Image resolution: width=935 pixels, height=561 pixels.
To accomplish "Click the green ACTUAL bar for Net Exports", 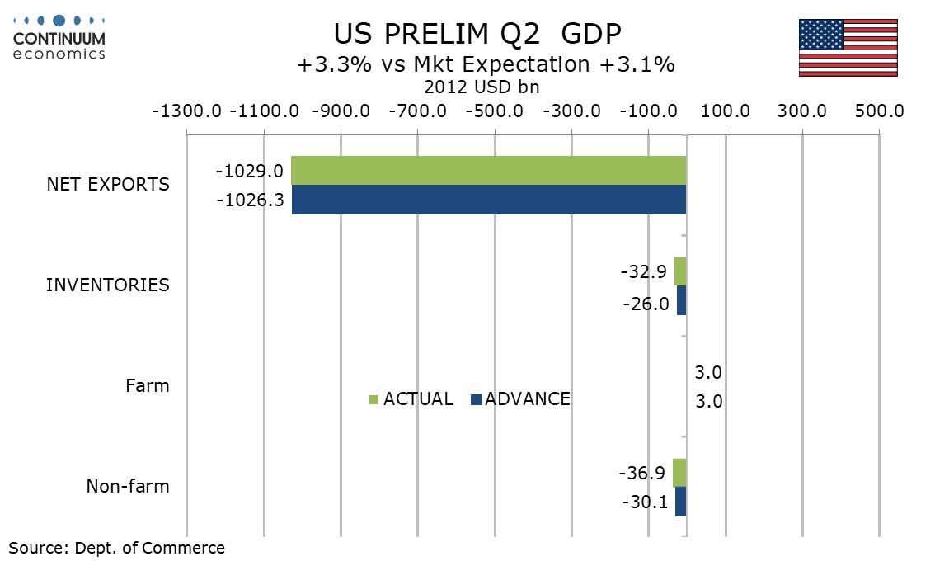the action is click(488, 171).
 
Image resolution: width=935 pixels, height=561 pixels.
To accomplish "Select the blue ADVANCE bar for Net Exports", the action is click(489, 200).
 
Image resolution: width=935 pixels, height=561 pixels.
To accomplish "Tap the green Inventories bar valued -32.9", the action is click(680, 271).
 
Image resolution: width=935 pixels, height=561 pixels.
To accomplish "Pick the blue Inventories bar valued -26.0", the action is click(682, 300).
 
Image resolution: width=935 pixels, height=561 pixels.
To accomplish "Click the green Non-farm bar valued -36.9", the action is click(679, 473).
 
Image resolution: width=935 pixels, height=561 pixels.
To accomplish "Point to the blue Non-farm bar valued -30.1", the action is click(681, 502).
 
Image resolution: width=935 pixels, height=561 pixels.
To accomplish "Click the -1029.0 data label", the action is click(249, 172).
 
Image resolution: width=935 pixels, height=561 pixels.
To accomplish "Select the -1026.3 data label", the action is click(250, 200).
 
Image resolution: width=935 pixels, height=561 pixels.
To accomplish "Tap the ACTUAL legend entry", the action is click(411, 398).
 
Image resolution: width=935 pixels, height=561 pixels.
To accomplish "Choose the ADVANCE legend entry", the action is click(520, 398).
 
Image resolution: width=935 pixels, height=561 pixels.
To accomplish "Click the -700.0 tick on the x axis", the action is click(417, 111).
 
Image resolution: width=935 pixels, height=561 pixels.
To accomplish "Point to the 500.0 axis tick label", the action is click(880, 111).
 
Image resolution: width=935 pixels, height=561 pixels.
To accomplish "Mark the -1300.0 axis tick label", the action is click(186, 111).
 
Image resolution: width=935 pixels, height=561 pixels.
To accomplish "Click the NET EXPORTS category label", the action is click(108, 185).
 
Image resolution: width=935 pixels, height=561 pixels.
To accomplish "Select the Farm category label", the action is click(148, 385).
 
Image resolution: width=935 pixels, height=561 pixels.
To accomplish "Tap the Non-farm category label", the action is click(128, 487).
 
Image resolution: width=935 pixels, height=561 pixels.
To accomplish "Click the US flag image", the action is click(848, 48).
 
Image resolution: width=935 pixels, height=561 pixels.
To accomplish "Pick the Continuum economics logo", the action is click(59, 38).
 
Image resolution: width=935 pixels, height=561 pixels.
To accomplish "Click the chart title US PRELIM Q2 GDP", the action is click(477, 34).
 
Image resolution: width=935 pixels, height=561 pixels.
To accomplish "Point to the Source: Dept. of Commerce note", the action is click(117, 548).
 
